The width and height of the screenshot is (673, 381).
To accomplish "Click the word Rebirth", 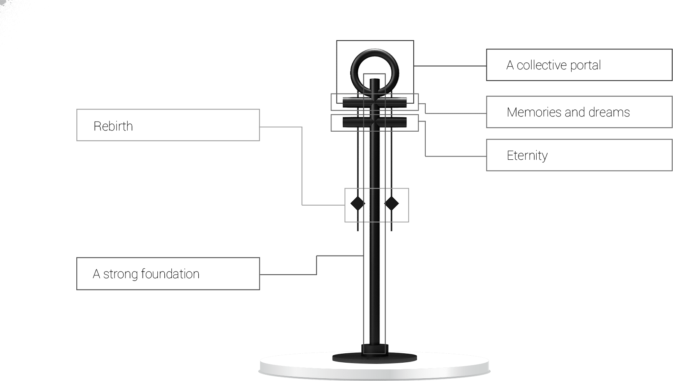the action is [x=113, y=126].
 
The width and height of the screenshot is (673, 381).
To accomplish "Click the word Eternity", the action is [x=527, y=155].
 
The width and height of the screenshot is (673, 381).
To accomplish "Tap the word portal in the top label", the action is [x=585, y=65].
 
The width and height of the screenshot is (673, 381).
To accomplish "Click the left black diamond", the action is [x=358, y=203].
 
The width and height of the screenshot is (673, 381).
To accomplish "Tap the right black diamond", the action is [x=391, y=203].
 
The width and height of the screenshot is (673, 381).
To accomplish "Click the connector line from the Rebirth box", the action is [x=302, y=166].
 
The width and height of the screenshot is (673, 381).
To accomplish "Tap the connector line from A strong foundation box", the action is [x=317, y=265].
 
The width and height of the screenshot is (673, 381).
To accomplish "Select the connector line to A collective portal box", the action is [x=450, y=66].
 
